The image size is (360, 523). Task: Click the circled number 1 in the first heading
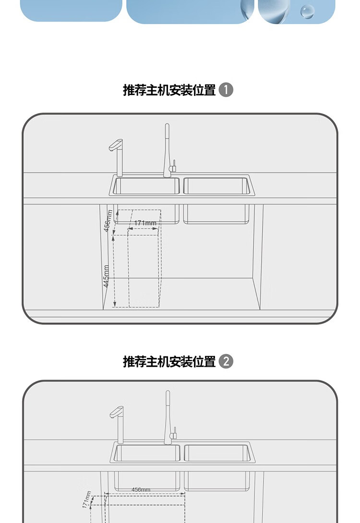[x=226, y=90]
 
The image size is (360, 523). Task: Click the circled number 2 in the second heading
[x=226, y=361]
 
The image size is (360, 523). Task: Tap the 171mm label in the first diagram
[x=145, y=223]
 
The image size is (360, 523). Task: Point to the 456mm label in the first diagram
[x=108, y=221]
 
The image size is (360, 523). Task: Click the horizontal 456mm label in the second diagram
[x=141, y=489]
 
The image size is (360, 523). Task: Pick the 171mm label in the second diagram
[x=86, y=499]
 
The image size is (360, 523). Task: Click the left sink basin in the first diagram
[x=146, y=186]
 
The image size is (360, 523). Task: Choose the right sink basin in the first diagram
[x=216, y=186]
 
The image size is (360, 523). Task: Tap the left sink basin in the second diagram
[x=147, y=453]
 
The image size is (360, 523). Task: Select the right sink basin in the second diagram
[x=217, y=453]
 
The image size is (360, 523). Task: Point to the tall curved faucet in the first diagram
[x=167, y=149]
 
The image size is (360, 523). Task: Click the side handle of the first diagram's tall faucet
[x=175, y=165]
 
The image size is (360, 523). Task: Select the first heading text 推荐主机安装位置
[x=169, y=90]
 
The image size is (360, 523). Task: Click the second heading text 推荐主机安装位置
[x=169, y=361]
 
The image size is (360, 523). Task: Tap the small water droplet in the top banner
[x=307, y=11]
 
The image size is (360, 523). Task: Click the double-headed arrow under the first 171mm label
[x=143, y=229]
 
